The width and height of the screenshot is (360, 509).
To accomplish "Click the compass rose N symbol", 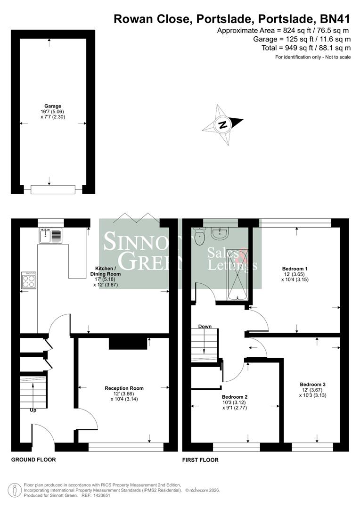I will [223, 125].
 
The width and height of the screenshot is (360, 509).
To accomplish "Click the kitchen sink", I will [51, 235].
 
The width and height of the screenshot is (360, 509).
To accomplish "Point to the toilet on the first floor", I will [199, 236].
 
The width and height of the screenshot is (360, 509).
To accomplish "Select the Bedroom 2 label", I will [235, 397].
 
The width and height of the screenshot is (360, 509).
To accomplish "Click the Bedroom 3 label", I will [313, 384].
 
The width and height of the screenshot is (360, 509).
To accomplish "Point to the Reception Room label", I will [124, 388].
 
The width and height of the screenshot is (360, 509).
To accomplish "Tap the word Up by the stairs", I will [33, 410].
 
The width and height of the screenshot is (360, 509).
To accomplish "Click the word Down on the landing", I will [205, 326].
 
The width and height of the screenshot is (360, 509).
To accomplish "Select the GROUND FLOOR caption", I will [33, 460].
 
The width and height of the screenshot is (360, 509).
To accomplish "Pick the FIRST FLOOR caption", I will [200, 460].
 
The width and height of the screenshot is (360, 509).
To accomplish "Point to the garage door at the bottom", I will [53, 189].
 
